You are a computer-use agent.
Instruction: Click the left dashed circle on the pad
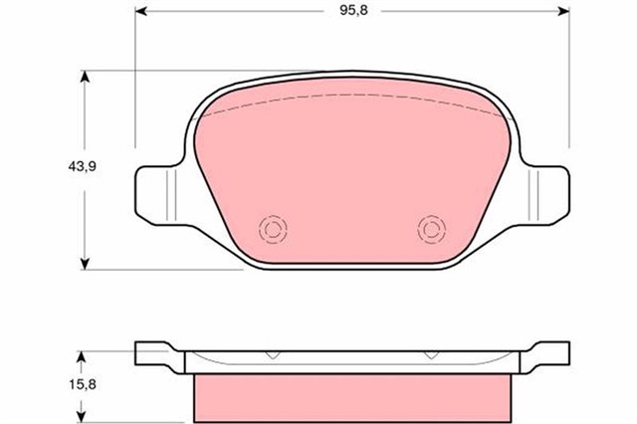271,230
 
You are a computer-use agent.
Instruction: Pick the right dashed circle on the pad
431,230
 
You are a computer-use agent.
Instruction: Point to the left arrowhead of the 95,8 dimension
140,14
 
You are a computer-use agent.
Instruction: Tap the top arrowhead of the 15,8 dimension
88,354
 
